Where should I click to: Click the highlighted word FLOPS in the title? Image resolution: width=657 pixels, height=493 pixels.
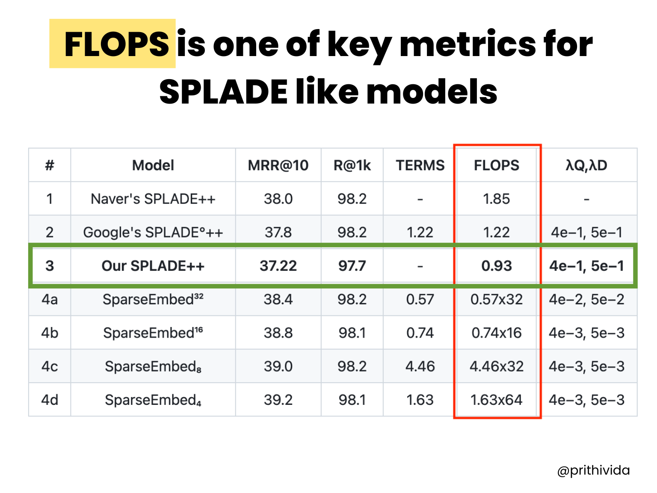[116, 44]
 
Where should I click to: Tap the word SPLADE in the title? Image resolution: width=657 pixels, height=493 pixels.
[223, 92]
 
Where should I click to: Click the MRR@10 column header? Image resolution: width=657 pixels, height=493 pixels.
[278, 166]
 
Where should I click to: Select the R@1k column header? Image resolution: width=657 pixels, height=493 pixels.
[352, 166]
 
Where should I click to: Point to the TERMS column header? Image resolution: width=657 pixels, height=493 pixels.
[420, 166]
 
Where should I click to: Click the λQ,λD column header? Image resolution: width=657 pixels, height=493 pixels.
[586, 166]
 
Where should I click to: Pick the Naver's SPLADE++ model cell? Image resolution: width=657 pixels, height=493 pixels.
[153, 199]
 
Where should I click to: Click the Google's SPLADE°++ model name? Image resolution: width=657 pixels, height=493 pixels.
[153, 232]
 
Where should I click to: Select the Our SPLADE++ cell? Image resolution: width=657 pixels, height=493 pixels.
[153, 266]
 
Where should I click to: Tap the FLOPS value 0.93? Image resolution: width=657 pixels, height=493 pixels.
[497, 266]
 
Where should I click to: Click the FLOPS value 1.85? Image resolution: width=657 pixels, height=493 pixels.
[497, 199]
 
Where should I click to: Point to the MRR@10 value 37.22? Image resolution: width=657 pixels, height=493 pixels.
[278, 266]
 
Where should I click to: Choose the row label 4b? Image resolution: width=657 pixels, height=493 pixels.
[50, 333]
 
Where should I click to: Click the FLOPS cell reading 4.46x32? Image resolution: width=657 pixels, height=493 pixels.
[497, 366]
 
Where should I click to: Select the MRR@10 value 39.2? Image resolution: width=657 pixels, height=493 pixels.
[278, 400]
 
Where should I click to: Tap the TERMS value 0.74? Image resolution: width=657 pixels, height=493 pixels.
[420, 333]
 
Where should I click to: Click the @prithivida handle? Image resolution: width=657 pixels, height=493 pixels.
[593, 470]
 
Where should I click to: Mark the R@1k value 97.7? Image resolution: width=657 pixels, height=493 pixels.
[352, 266]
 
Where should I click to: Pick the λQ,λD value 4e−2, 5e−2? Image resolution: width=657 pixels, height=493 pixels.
[586, 300]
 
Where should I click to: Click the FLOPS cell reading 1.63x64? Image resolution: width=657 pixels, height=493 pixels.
[497, 400]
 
